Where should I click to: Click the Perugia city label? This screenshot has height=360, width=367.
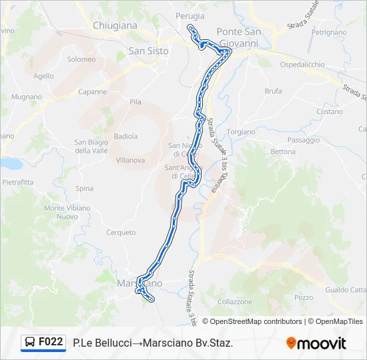coord(190,15)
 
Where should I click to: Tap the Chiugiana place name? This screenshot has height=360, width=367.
coord(115,25)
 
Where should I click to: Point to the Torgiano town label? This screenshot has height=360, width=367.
coord(240,132)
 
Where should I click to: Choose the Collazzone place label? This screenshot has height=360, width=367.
coord(235,301)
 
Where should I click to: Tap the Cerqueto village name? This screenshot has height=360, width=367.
coord(121,233)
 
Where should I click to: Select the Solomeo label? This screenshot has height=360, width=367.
coord(81,59)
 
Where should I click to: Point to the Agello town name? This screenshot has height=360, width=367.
coord(43,76)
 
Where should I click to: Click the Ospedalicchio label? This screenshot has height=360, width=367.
coord(302,65)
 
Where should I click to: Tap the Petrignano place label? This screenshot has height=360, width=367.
coord(328,31)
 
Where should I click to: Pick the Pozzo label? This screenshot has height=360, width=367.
coord(303,297)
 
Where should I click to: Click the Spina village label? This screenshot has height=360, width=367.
coord(85,189)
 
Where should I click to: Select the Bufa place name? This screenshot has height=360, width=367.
coord(273,91)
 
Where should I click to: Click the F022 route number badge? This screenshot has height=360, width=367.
coord(51,342)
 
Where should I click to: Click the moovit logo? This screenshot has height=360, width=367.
coord(316,343)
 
